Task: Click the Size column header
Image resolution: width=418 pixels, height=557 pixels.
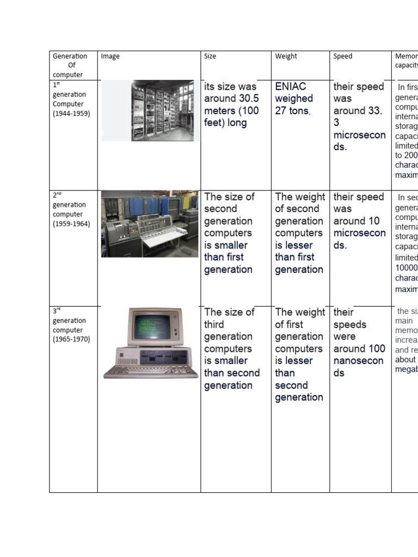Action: point(210,56)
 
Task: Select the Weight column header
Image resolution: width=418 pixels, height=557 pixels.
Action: point(286,56)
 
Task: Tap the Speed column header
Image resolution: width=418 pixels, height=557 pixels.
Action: point(343,56)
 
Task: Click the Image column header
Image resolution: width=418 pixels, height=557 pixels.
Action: point(110,56)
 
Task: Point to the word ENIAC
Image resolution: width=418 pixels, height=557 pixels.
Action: point(291,86)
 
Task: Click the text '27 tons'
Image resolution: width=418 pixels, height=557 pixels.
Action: point(293,111)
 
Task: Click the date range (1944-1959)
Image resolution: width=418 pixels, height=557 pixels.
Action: point(71,114)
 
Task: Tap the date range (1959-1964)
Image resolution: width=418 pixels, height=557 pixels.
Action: point(71,224)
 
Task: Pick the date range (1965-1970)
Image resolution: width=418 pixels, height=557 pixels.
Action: point(71,339)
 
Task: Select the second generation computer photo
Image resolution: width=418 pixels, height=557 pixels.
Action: point(150,224)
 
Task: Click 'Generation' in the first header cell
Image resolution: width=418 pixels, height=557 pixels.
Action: point(70,56)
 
